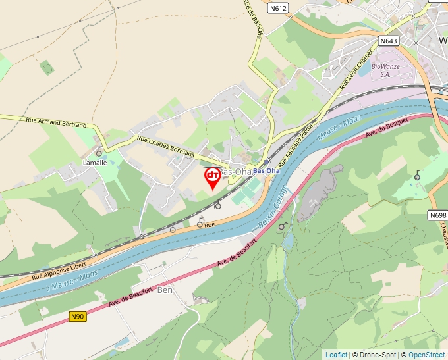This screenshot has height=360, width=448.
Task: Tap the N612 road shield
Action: click(278, 9)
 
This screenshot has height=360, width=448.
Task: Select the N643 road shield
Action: click(389, 41)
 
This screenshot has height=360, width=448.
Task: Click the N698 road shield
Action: click(437, 215)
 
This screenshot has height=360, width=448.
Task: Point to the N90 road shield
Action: click(78, 317)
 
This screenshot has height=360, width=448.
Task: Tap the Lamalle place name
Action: click(94, 163)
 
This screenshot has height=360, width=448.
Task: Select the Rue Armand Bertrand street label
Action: click(56, 122)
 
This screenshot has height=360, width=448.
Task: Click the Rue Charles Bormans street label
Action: click(165, 146)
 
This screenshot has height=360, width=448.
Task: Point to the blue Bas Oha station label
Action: click(267, 171)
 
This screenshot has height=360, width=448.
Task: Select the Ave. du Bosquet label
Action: click(387, 129)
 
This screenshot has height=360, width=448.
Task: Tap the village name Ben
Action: click(165, 290)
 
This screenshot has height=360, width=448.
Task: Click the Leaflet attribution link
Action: click(336, 355)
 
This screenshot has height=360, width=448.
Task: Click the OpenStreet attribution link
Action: click(428, 355)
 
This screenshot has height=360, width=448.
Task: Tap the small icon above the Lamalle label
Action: click(99, 153)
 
